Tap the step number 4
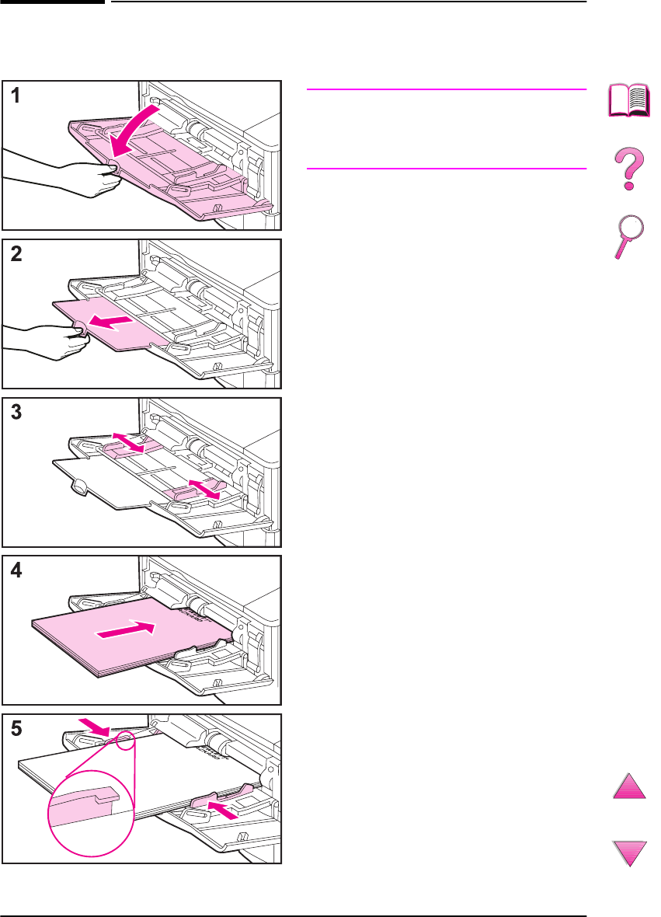tap(15, 570)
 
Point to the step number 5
tap(15, 730)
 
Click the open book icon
tap(628, 101)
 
